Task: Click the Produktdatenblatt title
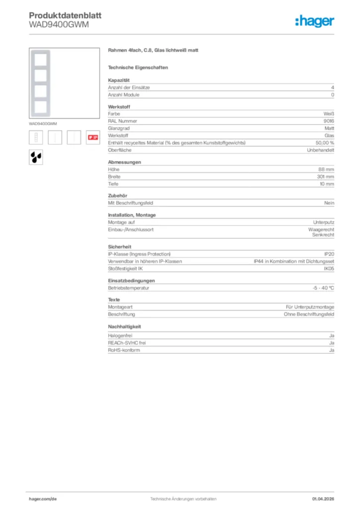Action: coord(65,15)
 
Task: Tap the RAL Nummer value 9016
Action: coord(329,121)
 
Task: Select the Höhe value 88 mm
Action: coord(326,169)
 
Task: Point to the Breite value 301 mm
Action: coord(325,176)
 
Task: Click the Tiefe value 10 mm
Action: coord(326,184)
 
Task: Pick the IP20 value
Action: coord(329,254)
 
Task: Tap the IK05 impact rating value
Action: coord(329,268)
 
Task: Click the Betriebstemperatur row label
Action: coord(128,288)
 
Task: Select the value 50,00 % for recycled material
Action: coord(325,143)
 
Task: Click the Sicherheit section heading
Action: coord(119,247)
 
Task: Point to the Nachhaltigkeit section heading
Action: coord(124,327)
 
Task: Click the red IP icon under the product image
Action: coord(92,137)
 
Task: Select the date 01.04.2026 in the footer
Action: coord(323,499)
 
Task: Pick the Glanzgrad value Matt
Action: coord(329,128)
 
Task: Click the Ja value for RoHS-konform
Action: coord(332,350)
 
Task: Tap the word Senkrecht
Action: coord(323,235)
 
